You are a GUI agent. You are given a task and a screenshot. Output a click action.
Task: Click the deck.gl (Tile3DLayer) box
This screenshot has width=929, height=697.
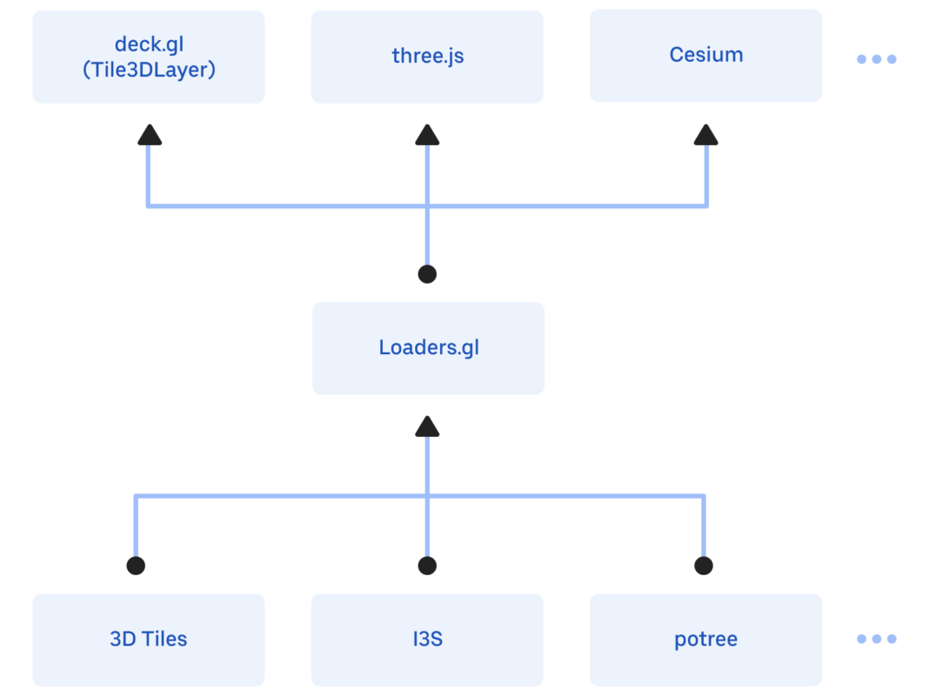coord(149,57)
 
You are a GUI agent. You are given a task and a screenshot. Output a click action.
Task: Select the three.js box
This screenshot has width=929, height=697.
coord(427,57)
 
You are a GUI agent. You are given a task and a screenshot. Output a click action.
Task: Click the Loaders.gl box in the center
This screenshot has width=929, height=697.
coord(428,348)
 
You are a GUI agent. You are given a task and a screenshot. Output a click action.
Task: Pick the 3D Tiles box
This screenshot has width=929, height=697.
coord(149,640)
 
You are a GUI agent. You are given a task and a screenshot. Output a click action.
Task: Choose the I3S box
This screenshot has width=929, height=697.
coord(427,640)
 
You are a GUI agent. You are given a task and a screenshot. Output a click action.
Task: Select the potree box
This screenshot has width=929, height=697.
coord(705,640)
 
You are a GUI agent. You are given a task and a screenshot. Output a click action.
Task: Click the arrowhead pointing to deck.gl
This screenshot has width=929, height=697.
coord(150,134)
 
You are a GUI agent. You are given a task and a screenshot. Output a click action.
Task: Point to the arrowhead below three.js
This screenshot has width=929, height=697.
coord(427,134)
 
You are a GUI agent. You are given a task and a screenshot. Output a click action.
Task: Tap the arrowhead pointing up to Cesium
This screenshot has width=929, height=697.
coord(705,134)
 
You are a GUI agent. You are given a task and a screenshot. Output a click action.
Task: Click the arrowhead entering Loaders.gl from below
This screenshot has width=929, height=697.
coord(427,426)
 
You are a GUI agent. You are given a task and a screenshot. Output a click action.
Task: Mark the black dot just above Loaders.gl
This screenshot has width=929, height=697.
coord(427,275)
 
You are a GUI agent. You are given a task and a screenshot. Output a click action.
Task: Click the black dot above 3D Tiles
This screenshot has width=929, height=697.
coord(136,566)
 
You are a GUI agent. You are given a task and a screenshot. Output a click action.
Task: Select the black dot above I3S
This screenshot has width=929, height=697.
coord(427,566)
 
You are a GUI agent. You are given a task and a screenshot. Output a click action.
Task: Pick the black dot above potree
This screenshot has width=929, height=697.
coord(704,566)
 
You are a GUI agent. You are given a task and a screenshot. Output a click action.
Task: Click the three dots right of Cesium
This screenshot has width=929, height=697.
coord(876,59)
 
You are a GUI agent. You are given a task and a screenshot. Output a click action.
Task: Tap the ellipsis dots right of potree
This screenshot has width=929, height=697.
coord(876,639)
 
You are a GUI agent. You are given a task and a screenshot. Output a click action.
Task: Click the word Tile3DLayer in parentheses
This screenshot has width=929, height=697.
coord(149,70)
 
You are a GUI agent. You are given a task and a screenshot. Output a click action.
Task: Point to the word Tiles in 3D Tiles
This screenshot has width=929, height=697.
coord(163,640)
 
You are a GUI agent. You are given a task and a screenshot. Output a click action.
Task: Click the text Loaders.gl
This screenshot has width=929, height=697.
coord(428,348)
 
